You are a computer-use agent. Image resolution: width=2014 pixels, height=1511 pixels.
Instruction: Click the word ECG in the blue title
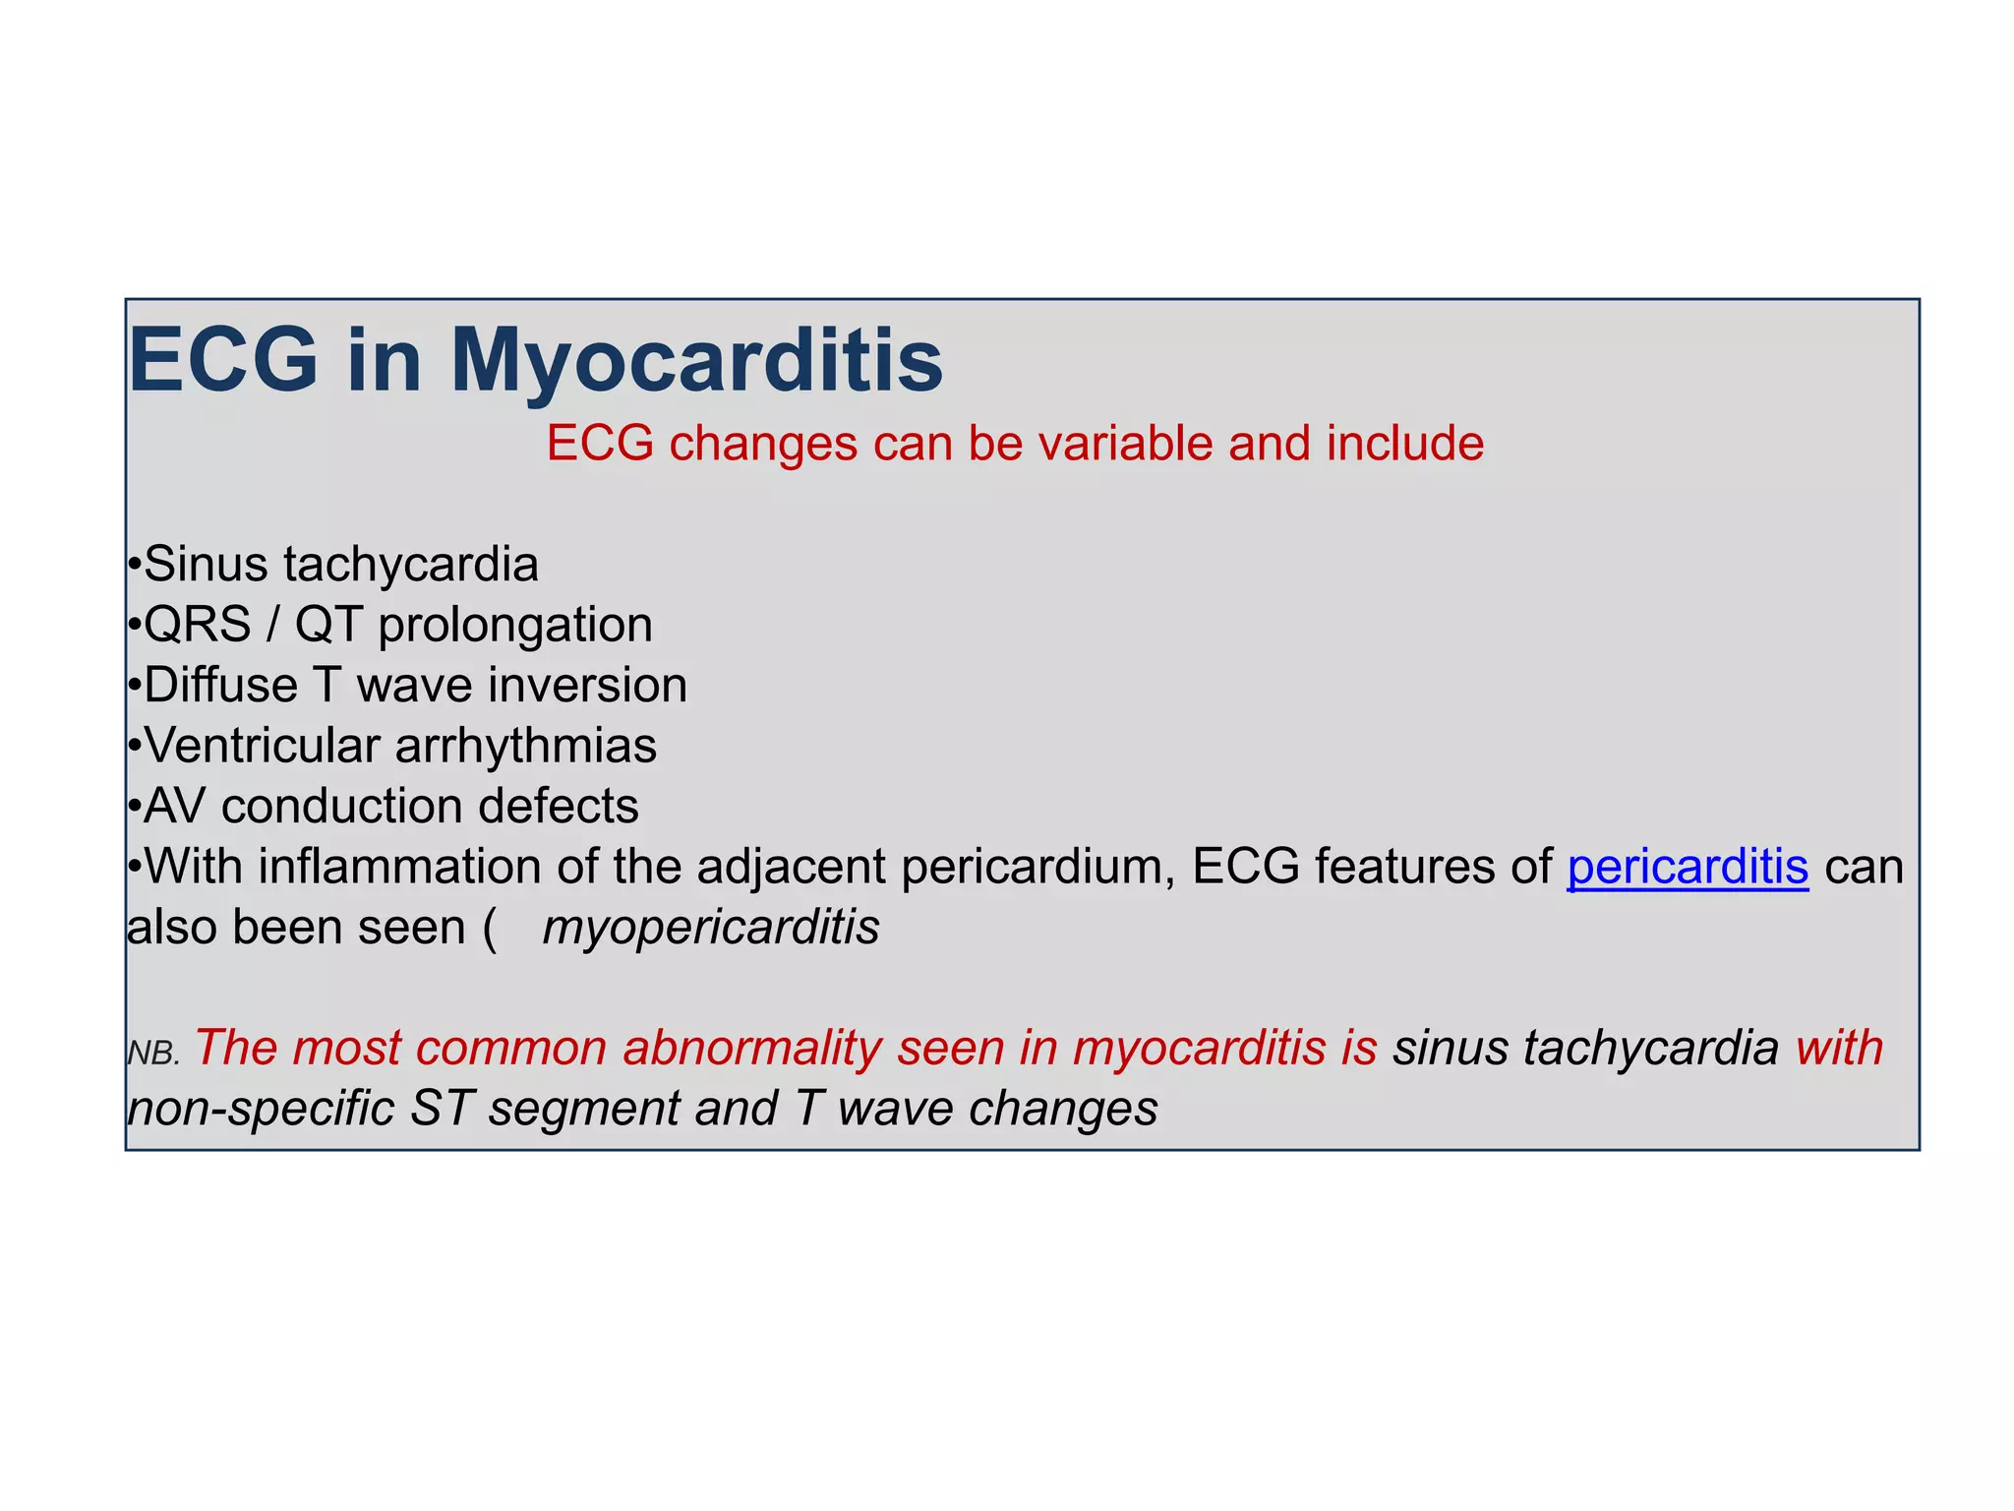(223, 360)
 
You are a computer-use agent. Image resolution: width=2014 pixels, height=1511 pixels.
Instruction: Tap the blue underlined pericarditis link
(1688, 868)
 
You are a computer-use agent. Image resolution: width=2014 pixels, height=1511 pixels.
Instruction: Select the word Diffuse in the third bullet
(220, 686)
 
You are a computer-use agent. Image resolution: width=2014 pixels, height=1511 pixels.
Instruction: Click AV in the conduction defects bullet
(174, 807)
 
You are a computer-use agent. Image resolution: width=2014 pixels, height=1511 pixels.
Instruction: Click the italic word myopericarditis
(711, 928)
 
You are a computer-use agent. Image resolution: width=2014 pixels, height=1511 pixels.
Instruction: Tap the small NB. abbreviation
(153, 1055)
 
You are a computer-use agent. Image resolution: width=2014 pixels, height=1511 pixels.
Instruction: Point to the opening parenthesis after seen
(490, 929)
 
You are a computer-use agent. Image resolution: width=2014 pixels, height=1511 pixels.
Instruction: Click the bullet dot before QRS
(135, 627)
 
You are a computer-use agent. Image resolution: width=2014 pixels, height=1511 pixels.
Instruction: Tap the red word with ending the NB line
(1838, 1048)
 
